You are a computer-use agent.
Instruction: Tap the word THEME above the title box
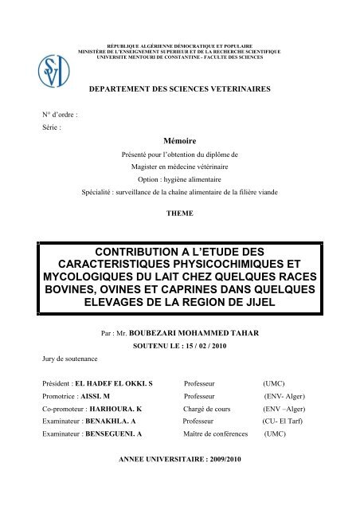[x=179, y=214]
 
